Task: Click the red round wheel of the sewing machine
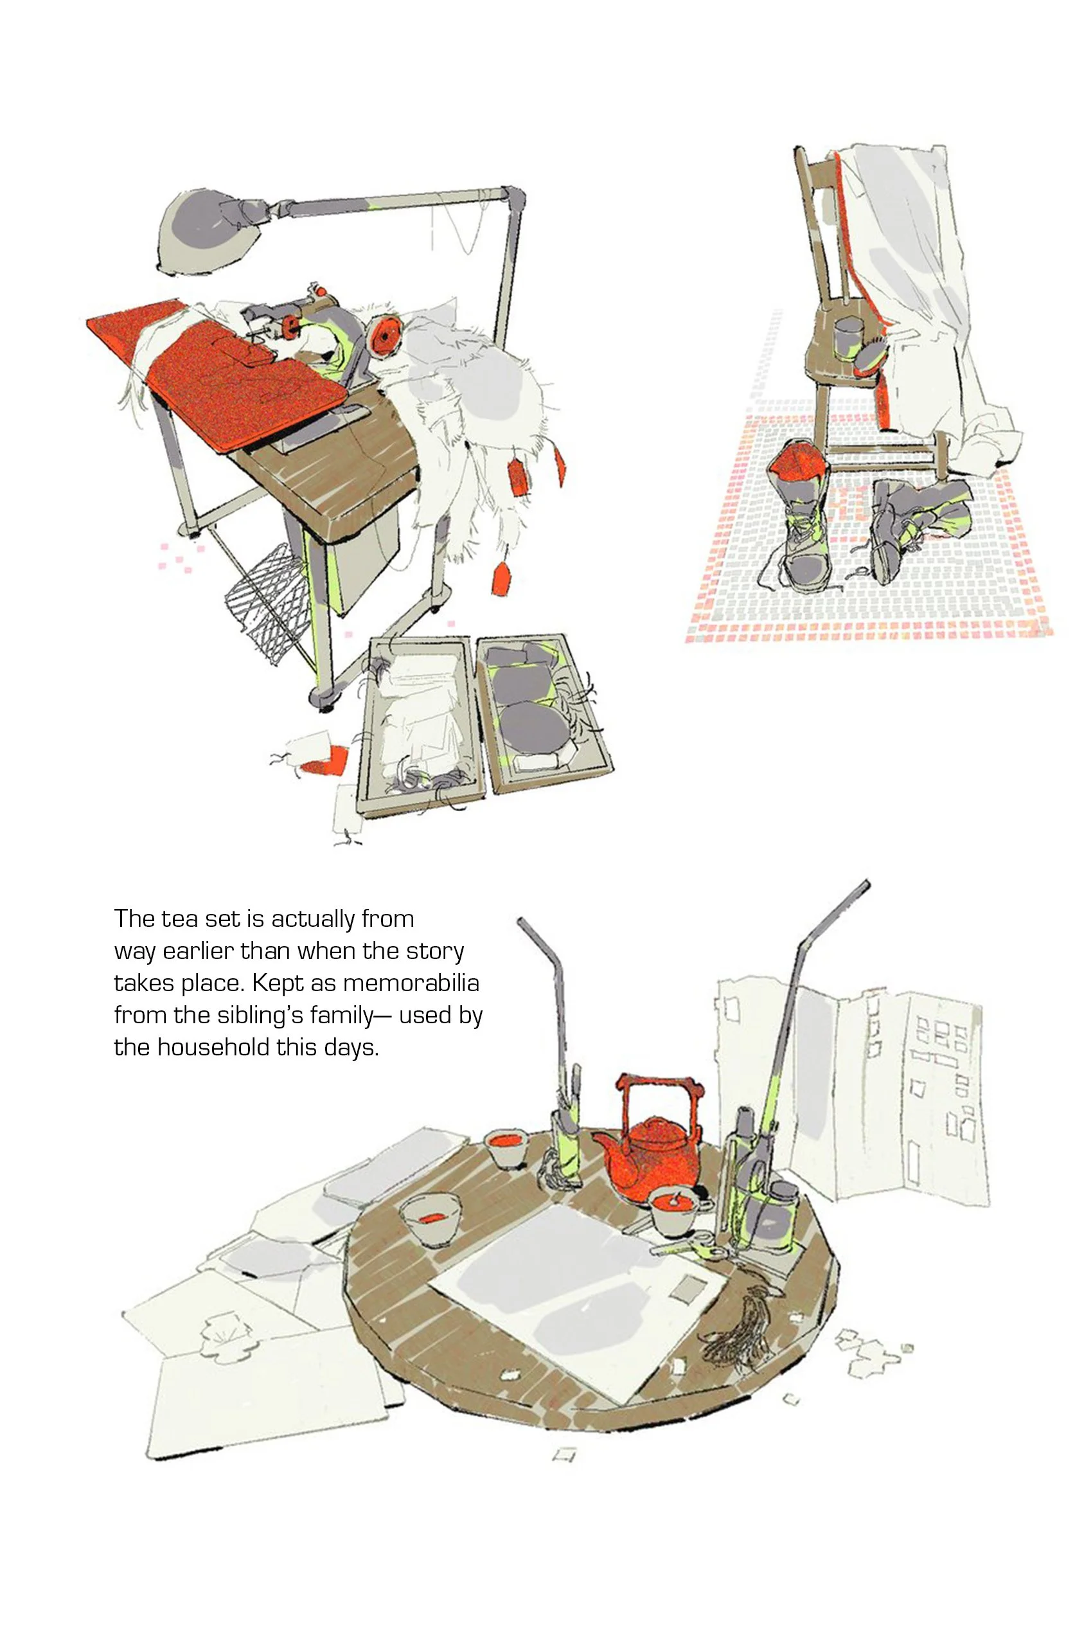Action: click(385, 334)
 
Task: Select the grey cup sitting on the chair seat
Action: click(848, 338)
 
